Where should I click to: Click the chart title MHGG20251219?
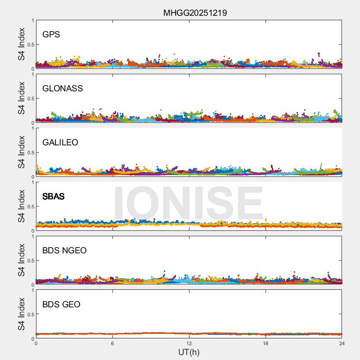[x=195, y=13]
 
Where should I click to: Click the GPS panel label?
[x=51, y=34]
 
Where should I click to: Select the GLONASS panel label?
[x=63, y=88]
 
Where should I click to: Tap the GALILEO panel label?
[x=60, y=142]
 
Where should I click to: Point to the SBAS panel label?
[x=53, y=196]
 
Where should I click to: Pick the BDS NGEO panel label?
[x=64, y=250]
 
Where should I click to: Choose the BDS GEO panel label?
[x=61, y=304]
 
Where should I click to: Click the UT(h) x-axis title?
[x=189, y=352]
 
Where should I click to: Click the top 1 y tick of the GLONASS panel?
[x=32, y=74]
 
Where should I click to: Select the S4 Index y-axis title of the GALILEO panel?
[x=21, y=153]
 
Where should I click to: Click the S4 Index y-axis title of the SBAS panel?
[x=21, y=207]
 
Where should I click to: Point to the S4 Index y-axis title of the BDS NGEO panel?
[x=21, y=261]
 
